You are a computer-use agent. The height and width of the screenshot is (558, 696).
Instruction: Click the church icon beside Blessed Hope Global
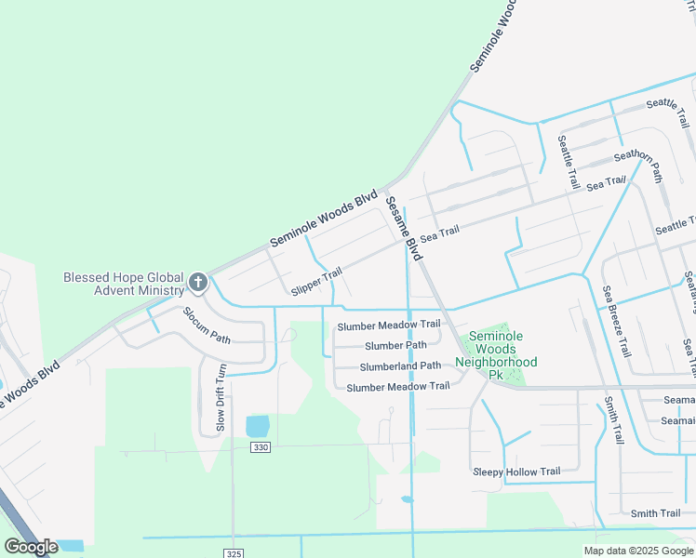[x=197, y=282]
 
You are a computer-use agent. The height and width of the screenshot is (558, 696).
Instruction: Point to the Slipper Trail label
[x=315, y=278]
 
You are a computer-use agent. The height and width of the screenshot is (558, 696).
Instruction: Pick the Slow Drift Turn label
[x=221, y=397]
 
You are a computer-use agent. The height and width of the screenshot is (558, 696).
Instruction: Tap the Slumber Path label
[x=395, y=345]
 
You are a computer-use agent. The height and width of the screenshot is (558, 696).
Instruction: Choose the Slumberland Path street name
[x=400, y=365]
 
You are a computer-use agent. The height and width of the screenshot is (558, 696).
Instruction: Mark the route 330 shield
[x=261, y=448]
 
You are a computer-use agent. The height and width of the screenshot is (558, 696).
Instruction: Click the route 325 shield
[x=234, y=553]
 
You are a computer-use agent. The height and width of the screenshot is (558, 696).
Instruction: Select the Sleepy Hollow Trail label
[x=516, y=472]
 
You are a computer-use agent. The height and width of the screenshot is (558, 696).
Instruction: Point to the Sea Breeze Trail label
[x=615, y=322]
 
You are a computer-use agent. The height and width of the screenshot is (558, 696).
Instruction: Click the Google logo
[x=30, y=547]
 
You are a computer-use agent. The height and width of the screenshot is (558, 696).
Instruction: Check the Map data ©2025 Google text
[x=638, y=551]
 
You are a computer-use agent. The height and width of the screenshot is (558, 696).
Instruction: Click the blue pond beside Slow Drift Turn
[x=257, y=427]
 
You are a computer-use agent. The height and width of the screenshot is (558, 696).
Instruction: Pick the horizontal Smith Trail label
[x=655, y=513]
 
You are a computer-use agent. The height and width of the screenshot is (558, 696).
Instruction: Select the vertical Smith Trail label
[x=611, y=418]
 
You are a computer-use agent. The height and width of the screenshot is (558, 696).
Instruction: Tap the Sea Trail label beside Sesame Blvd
[x=440, y=232]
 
